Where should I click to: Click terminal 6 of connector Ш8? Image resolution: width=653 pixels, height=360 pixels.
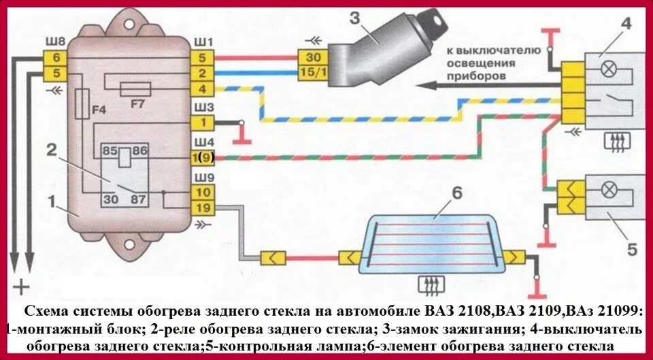[x=56, y=59]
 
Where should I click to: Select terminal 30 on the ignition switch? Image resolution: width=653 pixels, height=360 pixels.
[x=314, y=58]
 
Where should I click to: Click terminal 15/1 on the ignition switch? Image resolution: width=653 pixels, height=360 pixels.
[x=313, y=71]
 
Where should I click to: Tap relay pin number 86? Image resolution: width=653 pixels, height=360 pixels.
[x=140, y=148]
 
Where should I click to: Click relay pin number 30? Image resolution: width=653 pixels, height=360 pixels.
[x=110, y=199]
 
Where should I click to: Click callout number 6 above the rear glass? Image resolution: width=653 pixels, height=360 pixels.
[x=456, y=193]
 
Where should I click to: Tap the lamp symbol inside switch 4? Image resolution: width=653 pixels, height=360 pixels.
[x=601, y=68]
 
